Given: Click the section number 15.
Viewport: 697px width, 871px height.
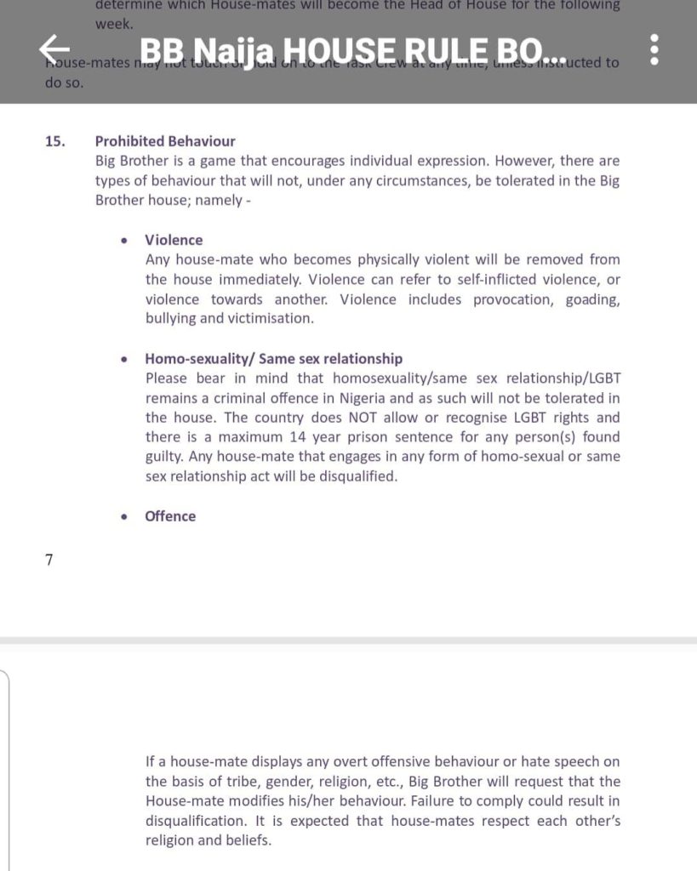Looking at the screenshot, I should tap(55, 141).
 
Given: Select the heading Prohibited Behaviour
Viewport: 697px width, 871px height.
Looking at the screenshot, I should tap(165, 141).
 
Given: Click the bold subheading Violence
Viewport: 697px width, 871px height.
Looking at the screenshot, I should tap(174, 240).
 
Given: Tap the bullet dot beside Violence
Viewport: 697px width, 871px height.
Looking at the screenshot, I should tap(126, 241).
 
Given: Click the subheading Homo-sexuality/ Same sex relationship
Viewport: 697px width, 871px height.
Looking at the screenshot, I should tap(273, 359).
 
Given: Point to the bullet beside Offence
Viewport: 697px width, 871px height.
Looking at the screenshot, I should tap(126, 517).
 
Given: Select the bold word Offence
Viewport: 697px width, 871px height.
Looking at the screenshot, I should tap(170, 516).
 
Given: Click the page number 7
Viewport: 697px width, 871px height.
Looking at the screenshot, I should tap(49, 561).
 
